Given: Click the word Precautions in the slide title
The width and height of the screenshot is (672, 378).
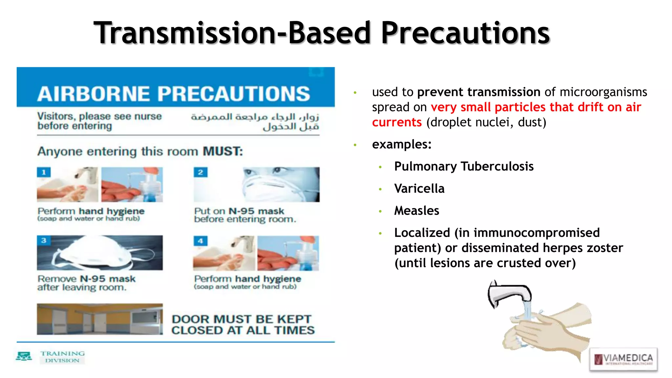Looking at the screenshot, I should (x=465, y=33).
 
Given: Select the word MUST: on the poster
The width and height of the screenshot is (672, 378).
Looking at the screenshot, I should (x=223, y=151).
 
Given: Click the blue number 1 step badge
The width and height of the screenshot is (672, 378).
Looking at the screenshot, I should (x=44, y=172).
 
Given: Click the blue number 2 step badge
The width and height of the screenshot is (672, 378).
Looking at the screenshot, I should (x=200, y=172).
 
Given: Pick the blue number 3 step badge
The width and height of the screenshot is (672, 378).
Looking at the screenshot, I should (x=44, y=241).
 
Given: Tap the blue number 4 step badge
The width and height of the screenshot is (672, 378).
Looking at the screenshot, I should (x=200, y=241).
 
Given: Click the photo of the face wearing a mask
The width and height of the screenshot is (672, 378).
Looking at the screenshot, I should (x=281, y=184).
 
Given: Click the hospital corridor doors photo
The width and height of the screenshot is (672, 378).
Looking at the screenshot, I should (x=99, y=319).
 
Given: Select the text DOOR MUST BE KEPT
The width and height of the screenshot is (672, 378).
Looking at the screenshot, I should (x=241, y=319).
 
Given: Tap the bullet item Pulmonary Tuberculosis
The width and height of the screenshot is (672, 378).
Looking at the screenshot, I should (x=464, y=166).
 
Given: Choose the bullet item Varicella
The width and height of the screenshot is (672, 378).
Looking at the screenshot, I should (x=419, y=189).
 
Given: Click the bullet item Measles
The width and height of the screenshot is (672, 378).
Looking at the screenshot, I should (x=416, y=211).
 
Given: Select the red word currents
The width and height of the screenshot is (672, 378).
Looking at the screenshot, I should (x=397, y=122).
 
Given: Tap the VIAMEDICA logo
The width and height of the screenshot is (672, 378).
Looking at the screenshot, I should (x=623, y=359).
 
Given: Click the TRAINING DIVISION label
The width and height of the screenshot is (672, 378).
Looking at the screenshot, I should (x=62, y=357).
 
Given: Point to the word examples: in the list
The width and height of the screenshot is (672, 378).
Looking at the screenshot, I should (x=402, y=144).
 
